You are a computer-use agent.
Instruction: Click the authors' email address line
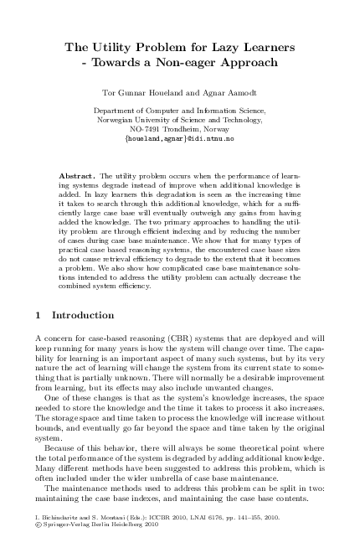coord(179,139)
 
